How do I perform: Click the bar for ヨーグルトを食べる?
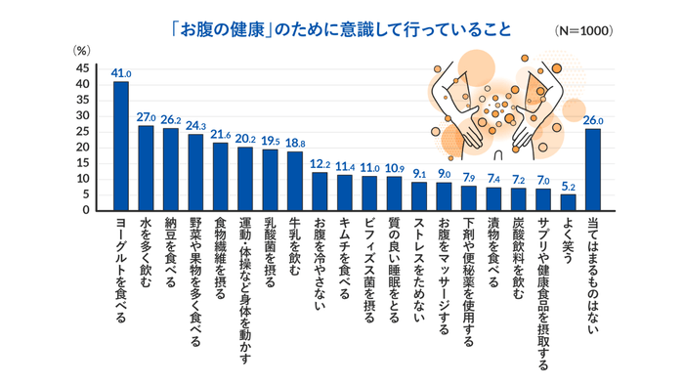click(x=121, y=147)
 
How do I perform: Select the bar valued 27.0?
click(x=146, y=168)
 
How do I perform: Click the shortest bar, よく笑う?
click(x=568, y=202)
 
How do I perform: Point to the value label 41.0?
click(x=121, y=73)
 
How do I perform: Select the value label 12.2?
click(x=320, y=163)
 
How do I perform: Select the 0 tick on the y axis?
click(x=86, y=210)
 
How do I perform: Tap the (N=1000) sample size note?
click(x=583, y=30)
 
